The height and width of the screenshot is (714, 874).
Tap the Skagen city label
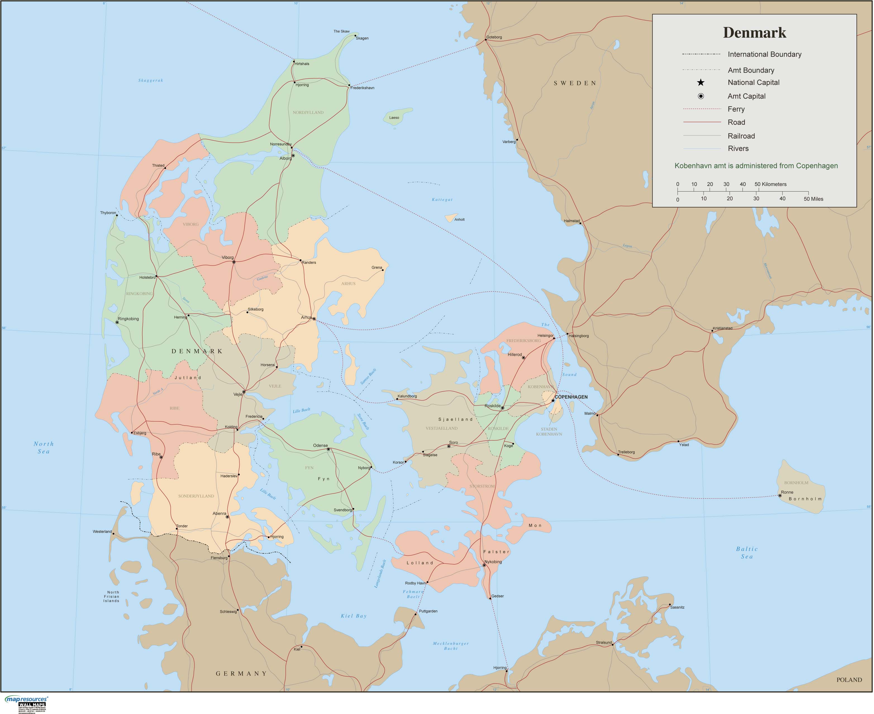pyautogui.click(x=362, y=38)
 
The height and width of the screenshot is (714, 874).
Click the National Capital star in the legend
pyautogui.click(x=700, y=83)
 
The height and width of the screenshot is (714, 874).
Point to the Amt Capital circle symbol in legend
pyautogui.click(x=700, y=96)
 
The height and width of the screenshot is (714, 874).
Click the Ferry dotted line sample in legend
pyautogui.click(x=702, y=109)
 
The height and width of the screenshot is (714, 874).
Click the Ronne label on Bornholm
pyautogui.click(x=787, y=492)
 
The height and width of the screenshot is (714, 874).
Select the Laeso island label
pyautogui.click(x=394, y=118)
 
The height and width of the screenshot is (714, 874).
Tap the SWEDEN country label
pyautogui.click(x=575, y=83)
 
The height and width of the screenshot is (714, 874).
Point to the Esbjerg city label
pyautogui.click(x=140, y=433)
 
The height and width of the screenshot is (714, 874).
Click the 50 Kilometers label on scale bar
pyautogui.click(x=770, y=184)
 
